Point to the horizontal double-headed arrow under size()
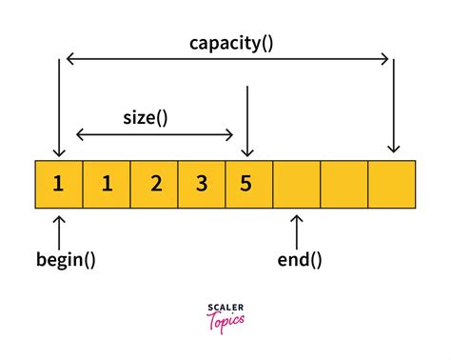tap(155, 134)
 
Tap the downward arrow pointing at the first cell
tap(59, 105)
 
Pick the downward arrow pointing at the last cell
tap(392, 105)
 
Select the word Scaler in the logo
tap(225, 308)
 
